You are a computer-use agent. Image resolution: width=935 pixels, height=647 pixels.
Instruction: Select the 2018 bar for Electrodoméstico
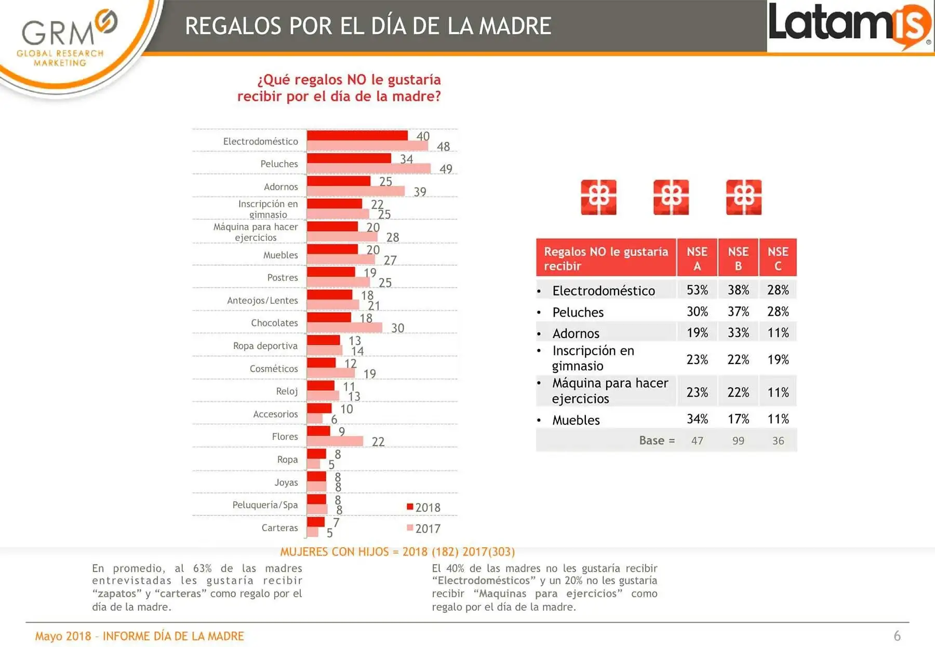click(357, 135)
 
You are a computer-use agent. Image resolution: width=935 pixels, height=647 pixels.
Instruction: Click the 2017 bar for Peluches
click(369, 168)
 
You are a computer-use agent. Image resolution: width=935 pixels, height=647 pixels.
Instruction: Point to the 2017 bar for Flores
click(335, 441)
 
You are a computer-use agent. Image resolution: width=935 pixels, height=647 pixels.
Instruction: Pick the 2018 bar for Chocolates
click(329, 317)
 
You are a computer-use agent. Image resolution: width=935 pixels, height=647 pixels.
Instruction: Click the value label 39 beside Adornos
click(420, 192)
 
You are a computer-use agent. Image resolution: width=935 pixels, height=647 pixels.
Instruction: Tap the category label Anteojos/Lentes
click(262, 300)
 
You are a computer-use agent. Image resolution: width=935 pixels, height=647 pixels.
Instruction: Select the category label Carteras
click(279, 528)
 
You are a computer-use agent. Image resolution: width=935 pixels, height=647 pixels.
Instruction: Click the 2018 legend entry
click(423, 507)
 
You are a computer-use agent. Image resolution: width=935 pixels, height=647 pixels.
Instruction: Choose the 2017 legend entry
click(423, 529)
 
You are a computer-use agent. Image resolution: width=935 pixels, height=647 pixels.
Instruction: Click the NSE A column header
click(697, 258)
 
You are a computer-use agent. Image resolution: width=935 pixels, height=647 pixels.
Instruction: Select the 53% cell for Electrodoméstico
click(697, 290)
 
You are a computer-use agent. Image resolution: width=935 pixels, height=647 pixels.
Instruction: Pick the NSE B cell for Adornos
click(738, 332)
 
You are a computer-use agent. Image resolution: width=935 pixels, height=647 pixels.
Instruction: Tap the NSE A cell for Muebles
click(697, 419)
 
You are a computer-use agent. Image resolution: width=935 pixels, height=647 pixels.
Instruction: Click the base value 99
click(738, 441)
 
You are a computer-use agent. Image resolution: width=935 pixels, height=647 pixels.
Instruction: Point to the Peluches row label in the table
click(578, 312)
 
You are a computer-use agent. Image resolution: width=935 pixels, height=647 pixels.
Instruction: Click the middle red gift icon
click(671, 197)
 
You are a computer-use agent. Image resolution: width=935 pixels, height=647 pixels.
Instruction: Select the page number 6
click(897, 636)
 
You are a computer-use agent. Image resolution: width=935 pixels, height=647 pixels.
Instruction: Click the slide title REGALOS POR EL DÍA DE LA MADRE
click(368, 26)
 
